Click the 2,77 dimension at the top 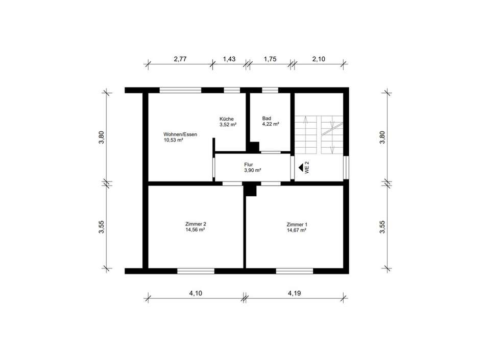coord(180,59)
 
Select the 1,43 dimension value coord(229,59)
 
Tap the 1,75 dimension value coord(270,59)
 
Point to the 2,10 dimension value coord(319,59)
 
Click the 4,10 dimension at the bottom coord(196,293)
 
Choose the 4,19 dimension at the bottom coord(294,293)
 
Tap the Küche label coord(226,119)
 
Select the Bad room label coord(266,118)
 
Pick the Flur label coord(249,165)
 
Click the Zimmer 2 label coord(196,224)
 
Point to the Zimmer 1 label coord(297,224)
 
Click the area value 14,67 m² coord(296,230)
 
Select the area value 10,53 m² coord(173,140)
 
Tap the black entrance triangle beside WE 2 coord(301,168)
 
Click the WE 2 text coord(307,167)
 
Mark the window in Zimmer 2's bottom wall coord(196,271)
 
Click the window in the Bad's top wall coord(270,90)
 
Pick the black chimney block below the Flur coord(250,189)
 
